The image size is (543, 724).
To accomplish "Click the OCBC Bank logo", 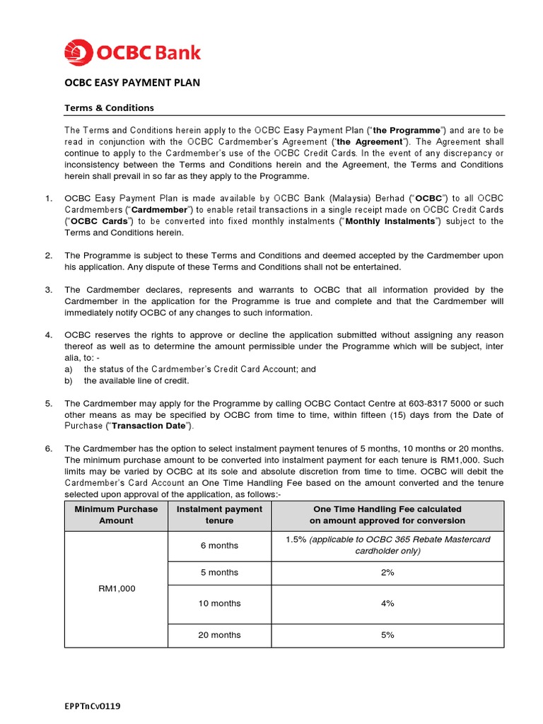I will coord(132,52).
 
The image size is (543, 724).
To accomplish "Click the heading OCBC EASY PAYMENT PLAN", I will coord(132,83).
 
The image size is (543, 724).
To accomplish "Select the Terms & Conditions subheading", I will coord(109,108).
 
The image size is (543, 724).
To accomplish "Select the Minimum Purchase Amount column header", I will coord(116,515).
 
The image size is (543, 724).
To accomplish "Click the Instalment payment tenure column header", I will coord(219,515).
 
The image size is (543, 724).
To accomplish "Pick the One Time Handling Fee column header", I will coord(387,515).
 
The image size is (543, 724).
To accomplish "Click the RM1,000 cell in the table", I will coord(116,588).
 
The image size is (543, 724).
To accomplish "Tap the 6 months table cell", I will coord(219,545).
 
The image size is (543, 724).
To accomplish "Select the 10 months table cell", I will coord(219,603).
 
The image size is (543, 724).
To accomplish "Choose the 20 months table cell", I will coord(219,635).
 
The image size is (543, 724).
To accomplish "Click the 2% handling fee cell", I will coord(387,573).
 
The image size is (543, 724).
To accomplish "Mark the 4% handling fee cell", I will coord(387,603).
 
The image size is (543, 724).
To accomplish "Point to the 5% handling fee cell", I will coord(387,635).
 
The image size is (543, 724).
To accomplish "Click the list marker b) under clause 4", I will coord(69,380).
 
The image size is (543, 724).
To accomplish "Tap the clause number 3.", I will coord(49,290).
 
